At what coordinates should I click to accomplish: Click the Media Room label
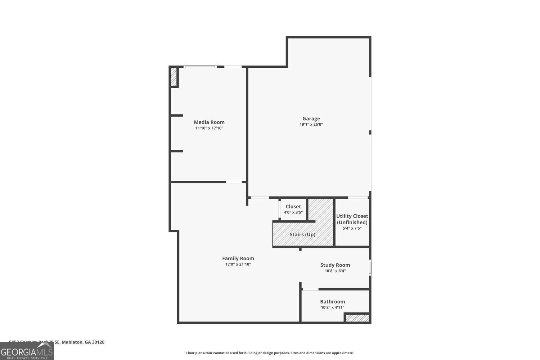[209, 122]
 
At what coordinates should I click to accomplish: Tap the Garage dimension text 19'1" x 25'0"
[311, 125]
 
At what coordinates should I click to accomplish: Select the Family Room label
[238, 258]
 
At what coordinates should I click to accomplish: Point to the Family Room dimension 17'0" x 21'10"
[238, 264]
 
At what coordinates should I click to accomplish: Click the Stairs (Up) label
[302, 234]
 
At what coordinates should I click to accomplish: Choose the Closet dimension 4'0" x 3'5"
[293, 212]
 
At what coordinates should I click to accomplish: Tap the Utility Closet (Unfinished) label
[352, 219]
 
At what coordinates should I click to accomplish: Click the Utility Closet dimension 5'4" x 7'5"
[352, 228]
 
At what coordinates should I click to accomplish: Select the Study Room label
[335, 265]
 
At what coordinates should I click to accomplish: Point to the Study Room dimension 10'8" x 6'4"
[335, 271]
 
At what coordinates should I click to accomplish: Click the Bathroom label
[332, 302]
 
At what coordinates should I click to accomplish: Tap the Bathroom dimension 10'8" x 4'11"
[332, 307]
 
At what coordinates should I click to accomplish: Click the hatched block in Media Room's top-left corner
[174, 77]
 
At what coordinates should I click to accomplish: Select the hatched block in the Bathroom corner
[357, 318]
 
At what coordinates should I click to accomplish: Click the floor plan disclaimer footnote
[270, 353]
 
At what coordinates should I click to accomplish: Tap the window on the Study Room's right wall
[370, 268]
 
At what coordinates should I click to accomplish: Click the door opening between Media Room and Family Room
[234, 182]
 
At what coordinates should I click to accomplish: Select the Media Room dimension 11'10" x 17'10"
[209, 128]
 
